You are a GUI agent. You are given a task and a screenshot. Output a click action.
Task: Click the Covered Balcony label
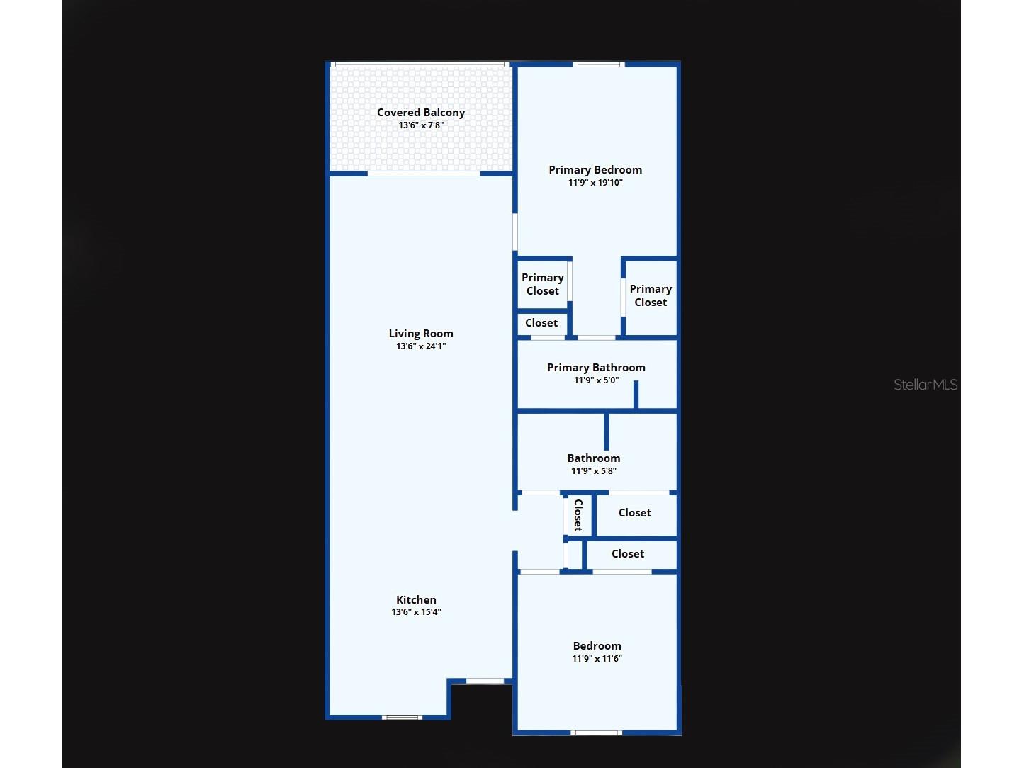(x=421, y=113)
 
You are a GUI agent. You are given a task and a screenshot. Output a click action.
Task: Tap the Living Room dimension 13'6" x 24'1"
(x=421, y=346)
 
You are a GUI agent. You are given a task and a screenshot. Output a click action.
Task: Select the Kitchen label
(x=416, y=599)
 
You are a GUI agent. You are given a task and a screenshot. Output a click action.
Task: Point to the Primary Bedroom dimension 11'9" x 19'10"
(x=595, y=182)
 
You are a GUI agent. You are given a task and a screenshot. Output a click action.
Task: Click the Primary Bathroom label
(x=596, y=368)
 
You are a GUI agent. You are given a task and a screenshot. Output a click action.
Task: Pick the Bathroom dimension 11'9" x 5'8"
(x=593, y=470)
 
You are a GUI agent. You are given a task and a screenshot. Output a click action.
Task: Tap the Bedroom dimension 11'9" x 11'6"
(x=597, y=658)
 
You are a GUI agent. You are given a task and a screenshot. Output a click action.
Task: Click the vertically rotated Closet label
(x=578, y=515)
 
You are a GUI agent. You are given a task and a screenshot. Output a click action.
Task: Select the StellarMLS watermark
(x=925, y=385)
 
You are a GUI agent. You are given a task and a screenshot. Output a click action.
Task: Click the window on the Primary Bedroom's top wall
(x=599, y=64)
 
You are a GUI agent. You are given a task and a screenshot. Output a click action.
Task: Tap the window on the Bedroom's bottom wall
(x=596, y=733)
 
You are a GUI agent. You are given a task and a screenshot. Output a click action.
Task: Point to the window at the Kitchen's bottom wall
(x=402, y=717)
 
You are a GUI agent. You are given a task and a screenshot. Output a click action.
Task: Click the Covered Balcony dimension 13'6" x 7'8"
(x=421, y=125)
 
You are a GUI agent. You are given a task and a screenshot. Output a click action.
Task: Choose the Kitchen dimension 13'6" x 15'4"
(x=416, y=612)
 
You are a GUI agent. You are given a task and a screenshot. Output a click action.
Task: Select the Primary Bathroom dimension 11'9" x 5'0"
(x=596, y=380)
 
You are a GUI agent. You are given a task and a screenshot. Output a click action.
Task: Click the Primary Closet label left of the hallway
(x=543, y=284)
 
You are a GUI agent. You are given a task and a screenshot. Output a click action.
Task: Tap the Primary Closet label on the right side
(x=651, y=295)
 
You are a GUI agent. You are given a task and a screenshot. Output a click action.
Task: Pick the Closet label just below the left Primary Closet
(x=541, y=322)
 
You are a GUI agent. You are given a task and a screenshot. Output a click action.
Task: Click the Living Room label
(x=421, y=334)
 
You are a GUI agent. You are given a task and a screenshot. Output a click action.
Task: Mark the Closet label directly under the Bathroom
(x=634, y=512)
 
